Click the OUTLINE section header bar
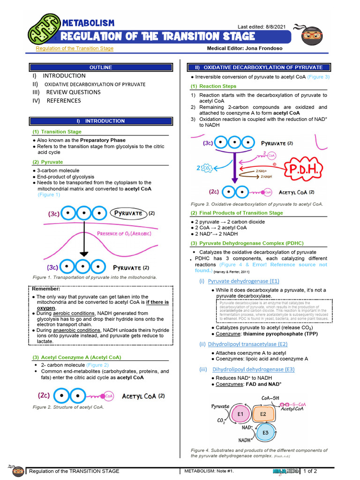[x=101, y=67]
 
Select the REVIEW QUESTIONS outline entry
[x=73, y=92]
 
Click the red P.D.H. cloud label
[x=307, y=169]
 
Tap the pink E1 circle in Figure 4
[x=240, y=414]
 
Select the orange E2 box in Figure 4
[x=263, y=414]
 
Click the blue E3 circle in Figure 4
[x=266, y=432]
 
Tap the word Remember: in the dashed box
[x=46, y=289]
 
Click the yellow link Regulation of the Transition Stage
[x=75, y=48]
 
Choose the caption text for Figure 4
[x=259, y=453]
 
